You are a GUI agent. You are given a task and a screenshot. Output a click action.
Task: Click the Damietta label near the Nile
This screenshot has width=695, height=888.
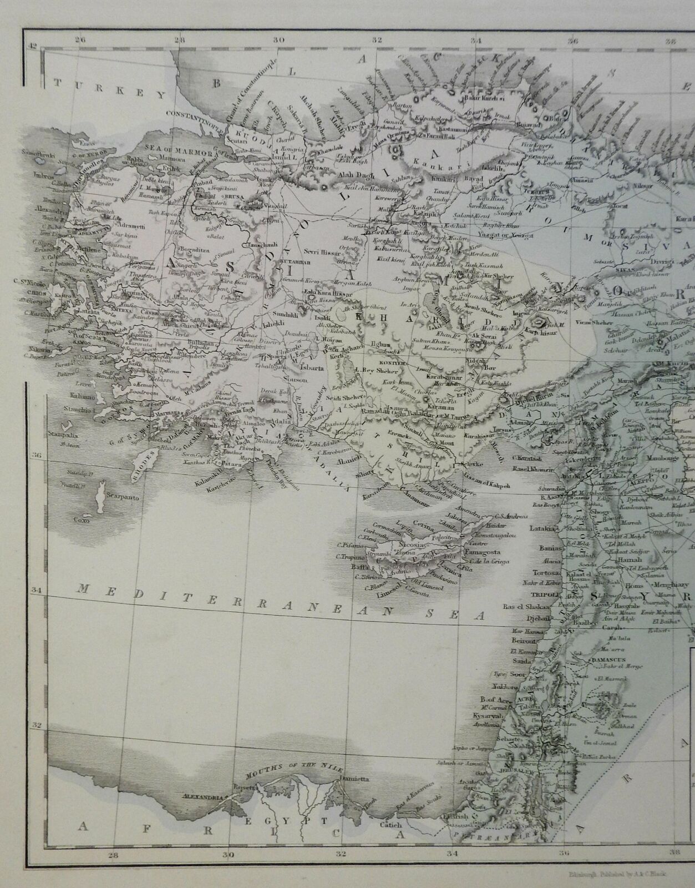point(351,779)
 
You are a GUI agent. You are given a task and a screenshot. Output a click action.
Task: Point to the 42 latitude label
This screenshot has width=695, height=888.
point(33,48)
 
